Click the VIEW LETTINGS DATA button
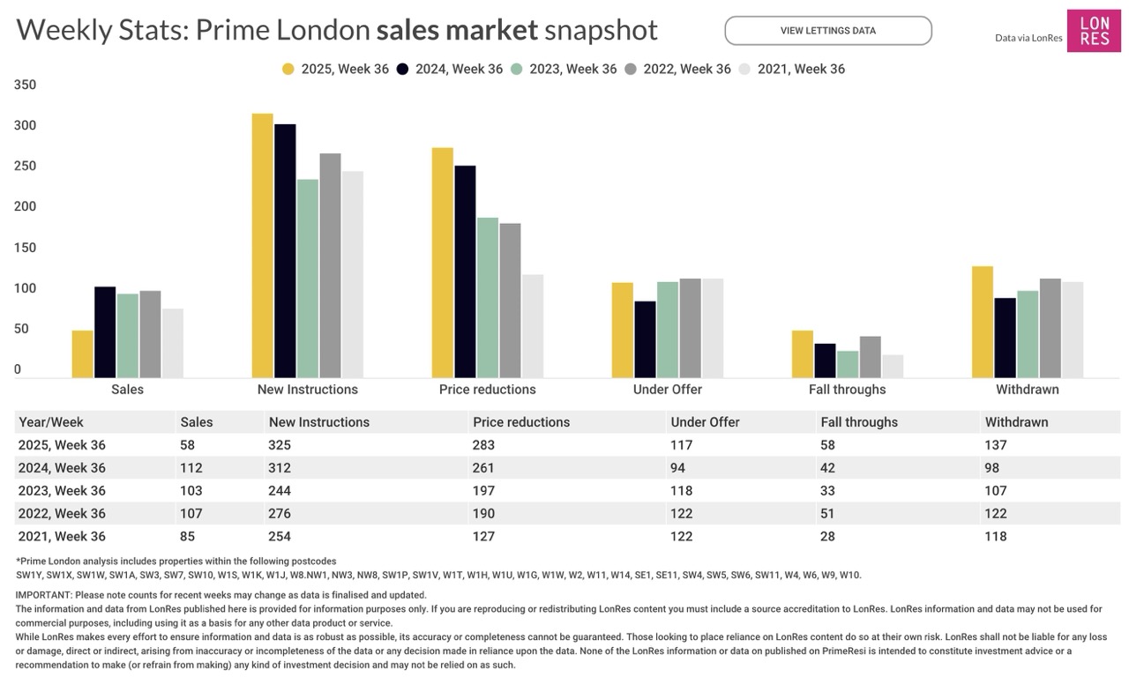tap(827, 31)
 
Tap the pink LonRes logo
tap(1094, 31)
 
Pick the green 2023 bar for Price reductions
tap(488, 297)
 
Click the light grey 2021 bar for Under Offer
tap(713, 328)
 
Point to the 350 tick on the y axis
tap(26, 86)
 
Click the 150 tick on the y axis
tap(26, 248)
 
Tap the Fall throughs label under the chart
tap(847, 390)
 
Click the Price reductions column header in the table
tap(521, 422)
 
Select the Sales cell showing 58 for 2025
tap(188, 445)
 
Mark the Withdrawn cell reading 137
tap(996, 445)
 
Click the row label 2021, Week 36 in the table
tap(62, 537)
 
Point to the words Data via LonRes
tap(1027, 38)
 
